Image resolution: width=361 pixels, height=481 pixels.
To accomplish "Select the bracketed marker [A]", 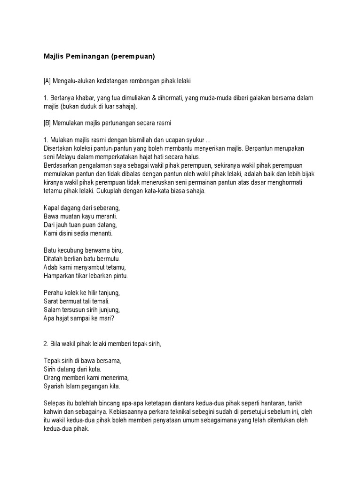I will (x=47, y=81).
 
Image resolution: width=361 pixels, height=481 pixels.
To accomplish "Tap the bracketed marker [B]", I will (x=47, y=123).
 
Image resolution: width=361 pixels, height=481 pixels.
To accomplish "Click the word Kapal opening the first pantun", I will (x=50, y=208).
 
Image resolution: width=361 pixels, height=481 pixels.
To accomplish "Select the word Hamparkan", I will (x=59, y=276).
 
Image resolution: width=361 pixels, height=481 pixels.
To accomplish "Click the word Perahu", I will (x=53, y=293).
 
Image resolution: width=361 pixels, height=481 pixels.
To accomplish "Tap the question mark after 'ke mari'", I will (x=113, y=318).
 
